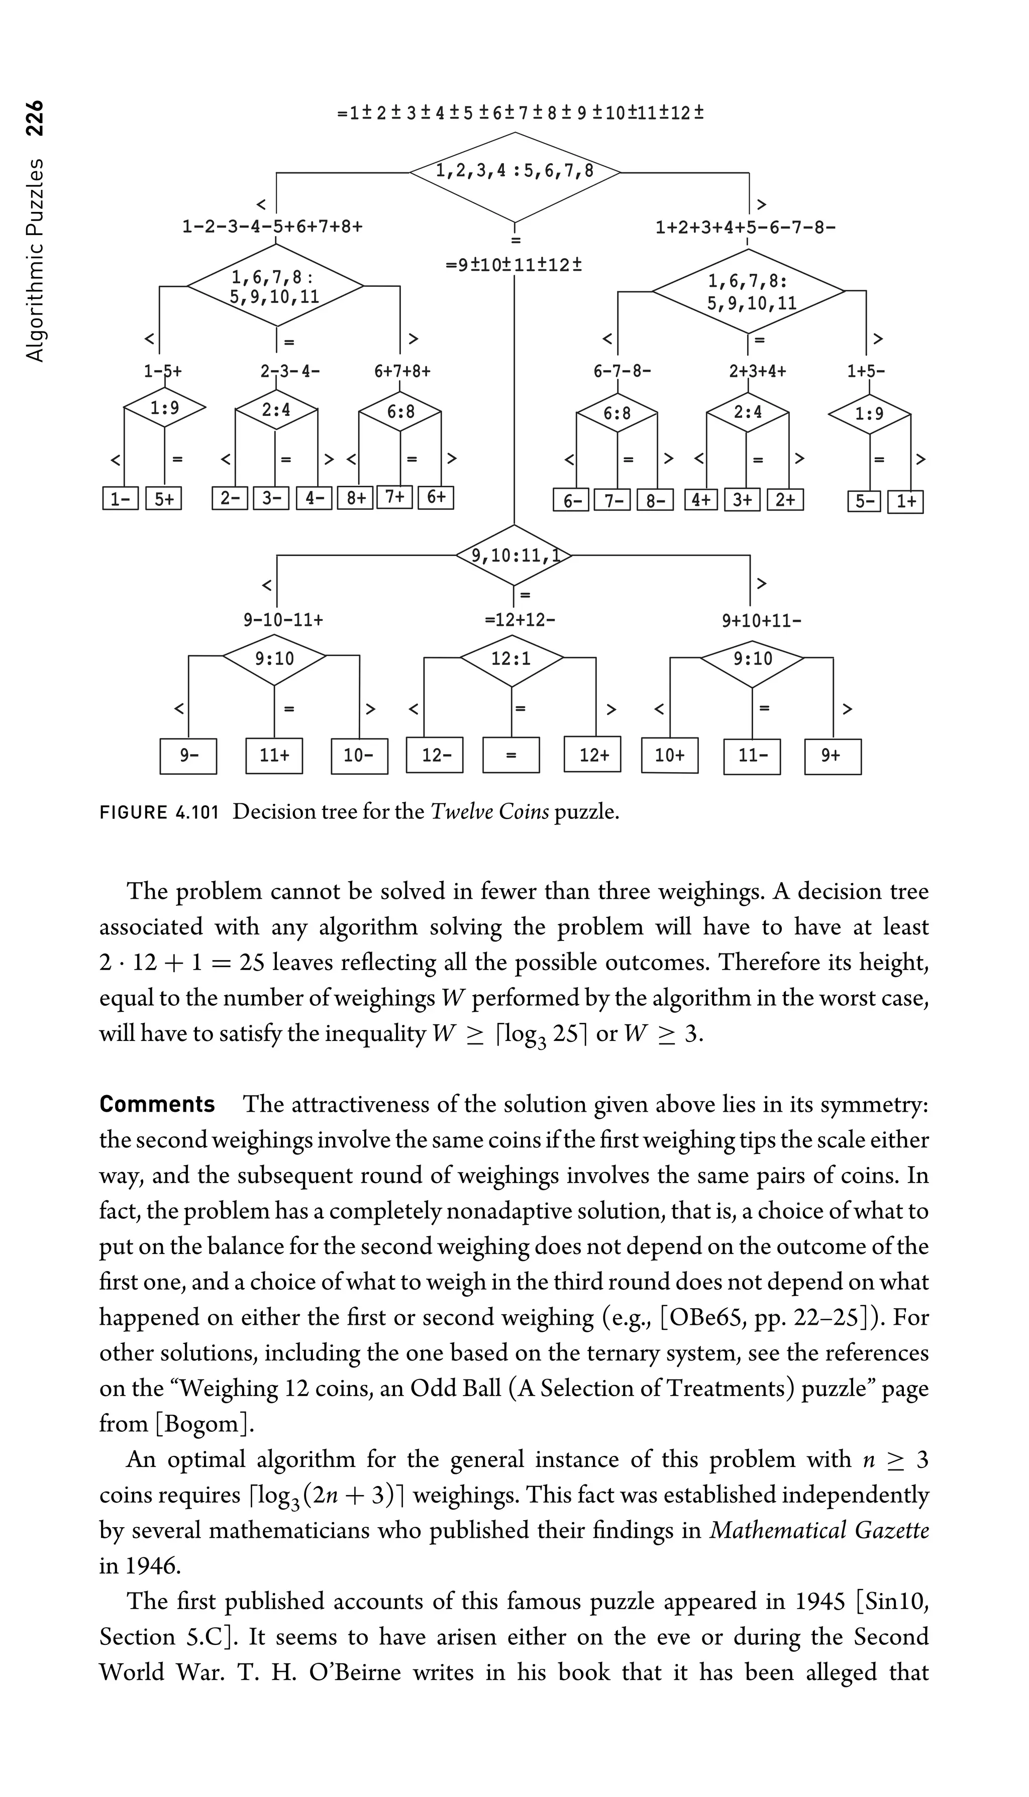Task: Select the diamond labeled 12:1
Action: click(511, 659)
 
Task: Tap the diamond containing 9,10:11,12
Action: click(514, 556)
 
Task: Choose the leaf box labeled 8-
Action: click(655, 500)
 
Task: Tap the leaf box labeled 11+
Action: click(274, 756)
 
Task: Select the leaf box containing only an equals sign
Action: click(511, 756)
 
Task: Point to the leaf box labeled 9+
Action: click(832, 756)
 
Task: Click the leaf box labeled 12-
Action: click(434, 756)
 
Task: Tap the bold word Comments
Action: click(157, 1105)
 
